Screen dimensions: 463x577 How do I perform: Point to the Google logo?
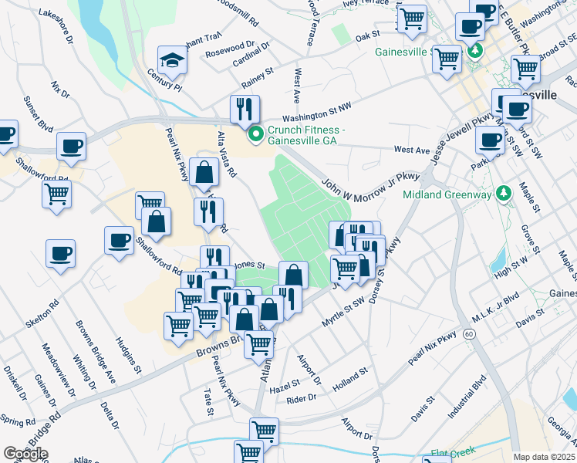[x=25, y=454]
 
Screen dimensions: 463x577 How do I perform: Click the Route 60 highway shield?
[x=469, y=334]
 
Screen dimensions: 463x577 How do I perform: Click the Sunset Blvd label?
[x=37, y=113]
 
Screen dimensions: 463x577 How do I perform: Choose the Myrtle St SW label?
[x=342, y=315]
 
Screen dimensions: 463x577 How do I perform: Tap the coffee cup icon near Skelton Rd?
[x=60, y=252]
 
